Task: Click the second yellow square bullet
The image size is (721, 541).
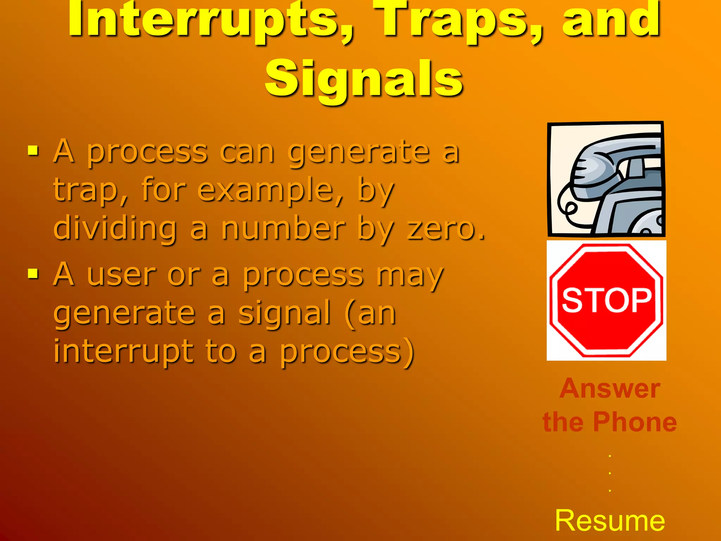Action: coord(33,273)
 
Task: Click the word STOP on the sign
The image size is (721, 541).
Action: coord(607,300)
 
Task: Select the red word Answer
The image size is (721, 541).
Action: coord(610,388)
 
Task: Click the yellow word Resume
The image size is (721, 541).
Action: coord(610,521)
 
